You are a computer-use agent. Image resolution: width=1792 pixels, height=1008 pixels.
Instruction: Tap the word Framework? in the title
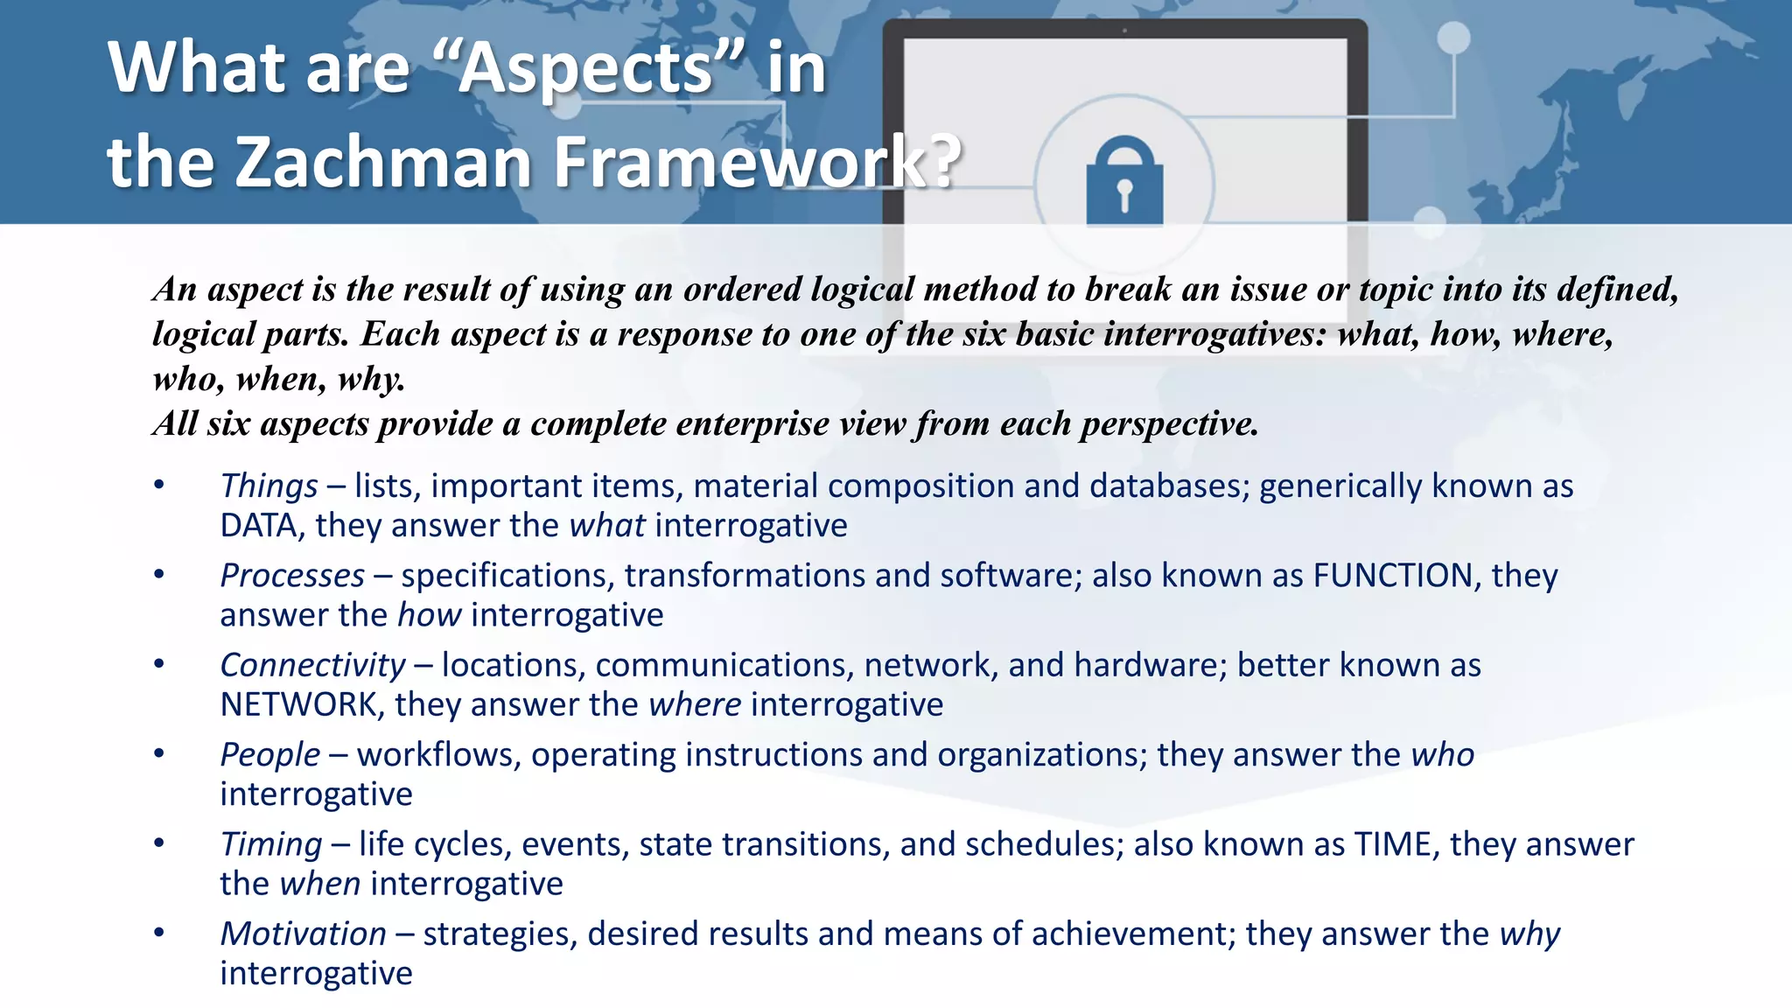click(758, 162)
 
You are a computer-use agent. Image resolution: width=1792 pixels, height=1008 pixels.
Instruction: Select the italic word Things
click(269, 486)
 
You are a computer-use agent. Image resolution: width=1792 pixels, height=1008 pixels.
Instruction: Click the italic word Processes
click(292, 576)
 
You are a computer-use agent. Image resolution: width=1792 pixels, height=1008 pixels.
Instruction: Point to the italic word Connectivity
click(312, 666)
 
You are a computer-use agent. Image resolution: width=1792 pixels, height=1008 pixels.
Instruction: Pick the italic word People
click(269, 755)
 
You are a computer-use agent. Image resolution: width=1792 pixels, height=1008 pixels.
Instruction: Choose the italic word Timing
click(271, 844)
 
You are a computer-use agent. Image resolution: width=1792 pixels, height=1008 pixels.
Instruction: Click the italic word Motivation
click(303, 934)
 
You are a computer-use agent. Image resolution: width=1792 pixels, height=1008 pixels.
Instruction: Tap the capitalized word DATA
click(258, 526)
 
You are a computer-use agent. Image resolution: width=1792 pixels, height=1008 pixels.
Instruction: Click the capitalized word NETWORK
click(298, 705)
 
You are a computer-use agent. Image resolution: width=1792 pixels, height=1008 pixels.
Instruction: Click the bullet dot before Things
click(159, 486)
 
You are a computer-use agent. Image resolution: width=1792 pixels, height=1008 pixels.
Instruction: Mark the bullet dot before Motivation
click(159, 934)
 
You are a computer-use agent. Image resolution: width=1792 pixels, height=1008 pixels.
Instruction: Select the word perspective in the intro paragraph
click(1169, 424)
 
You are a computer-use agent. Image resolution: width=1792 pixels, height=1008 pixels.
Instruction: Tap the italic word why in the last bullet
click(1529, 934)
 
